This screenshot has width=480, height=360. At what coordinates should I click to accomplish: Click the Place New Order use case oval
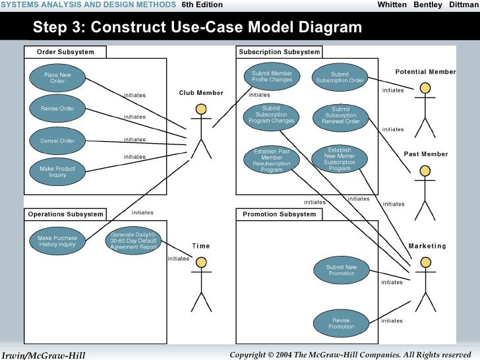click(57, 78)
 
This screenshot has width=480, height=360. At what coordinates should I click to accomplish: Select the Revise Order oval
click(57, 109)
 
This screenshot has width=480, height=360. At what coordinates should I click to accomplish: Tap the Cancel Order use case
click(57, 140)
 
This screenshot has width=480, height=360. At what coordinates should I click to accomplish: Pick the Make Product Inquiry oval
click(57, 172)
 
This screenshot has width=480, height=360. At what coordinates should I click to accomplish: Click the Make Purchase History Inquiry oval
click(57, 241)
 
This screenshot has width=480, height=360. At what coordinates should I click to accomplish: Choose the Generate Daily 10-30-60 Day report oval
click(133, 241)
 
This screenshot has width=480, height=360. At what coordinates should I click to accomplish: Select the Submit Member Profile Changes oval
click(272, 77)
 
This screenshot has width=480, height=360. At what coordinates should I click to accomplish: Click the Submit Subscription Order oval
click(340, 77)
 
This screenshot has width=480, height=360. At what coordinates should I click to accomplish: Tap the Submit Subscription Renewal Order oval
click(340, 115)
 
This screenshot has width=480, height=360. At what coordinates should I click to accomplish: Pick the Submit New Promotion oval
click(341, 270)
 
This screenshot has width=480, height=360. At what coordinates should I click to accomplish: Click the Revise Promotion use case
click(341, 323)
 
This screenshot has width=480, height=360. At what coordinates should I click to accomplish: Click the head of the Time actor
click(201, 262)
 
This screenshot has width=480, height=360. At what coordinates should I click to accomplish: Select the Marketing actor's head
click(425, 262)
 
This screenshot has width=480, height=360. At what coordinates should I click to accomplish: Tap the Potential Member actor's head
click(425, 88)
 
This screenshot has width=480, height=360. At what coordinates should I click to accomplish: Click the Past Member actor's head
click(425, 171)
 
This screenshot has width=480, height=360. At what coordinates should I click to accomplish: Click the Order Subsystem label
click(65, 52)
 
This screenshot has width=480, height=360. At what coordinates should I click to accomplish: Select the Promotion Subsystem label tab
click(279, 214)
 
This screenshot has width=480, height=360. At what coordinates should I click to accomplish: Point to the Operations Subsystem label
click(65, 214)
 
